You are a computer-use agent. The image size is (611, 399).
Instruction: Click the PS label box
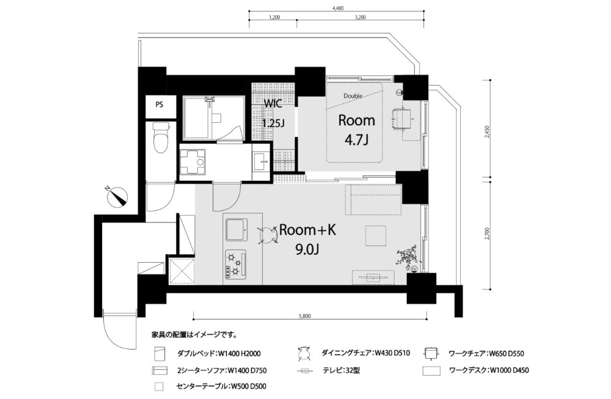pyautogui.click(x=159, y=105)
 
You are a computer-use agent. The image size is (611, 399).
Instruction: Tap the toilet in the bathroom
pyautogui.click(x=159, y=138)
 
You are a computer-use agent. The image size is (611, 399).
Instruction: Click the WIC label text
pyautogui.click(x=273, y=104)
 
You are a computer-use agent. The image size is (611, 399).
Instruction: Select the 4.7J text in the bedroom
pyautogui.click(x=356, y=139)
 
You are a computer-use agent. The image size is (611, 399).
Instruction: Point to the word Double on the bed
pyautogui.click(x=353, y=96)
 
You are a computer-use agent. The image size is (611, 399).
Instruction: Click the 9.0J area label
pyautogui.click(x=307, y=249)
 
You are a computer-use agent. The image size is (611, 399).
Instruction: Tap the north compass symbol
pyautogui.click(x=118, y=196)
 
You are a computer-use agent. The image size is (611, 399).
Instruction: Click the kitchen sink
pyautogui.click(x=235, y=230)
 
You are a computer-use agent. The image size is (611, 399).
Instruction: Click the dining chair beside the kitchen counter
pyautogui.click(x=268, y=235)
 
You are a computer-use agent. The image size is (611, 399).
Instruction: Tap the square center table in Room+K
pyautogui.click(x=376, y=235)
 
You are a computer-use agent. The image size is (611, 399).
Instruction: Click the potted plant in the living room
pyautogui.click(x=407, y=257)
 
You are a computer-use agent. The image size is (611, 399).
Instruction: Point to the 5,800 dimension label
pyautogui.click(x=305, y=316)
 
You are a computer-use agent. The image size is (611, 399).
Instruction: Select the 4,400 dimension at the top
pyautogui.click(x=337, y=8)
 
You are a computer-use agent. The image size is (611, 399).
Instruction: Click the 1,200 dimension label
pyautogui.click(x=274, y=17)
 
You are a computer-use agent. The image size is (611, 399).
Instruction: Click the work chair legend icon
pyautogui.click(x=431, y=353)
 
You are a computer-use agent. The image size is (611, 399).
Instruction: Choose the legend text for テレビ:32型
pyautogui.click(x=342, y=370)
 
